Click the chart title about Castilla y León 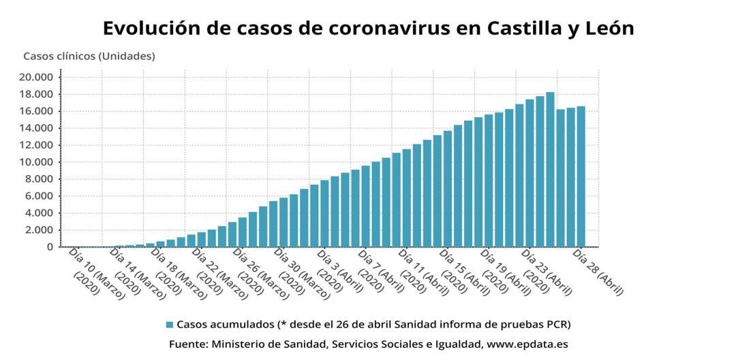[x=368, y=28]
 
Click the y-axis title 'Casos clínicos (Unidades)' [x=89, y=56]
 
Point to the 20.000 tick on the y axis [x=36, y=77]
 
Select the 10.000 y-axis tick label [x=36, y=162]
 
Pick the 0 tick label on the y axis [x=51, y=247]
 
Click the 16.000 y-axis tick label [x=36, y=111]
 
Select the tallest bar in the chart [x=550, y=170]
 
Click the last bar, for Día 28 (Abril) [x=581, y=177]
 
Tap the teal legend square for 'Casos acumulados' [x=170, y=324]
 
